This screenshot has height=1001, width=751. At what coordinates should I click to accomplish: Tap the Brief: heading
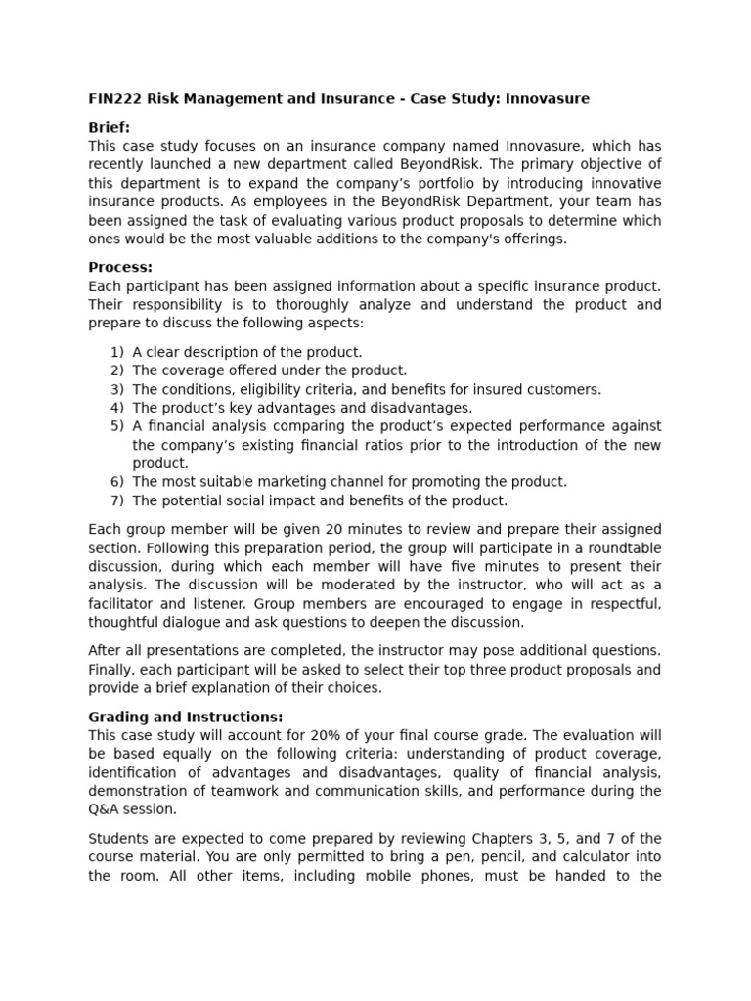109,127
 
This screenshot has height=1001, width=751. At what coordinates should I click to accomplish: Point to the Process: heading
120,267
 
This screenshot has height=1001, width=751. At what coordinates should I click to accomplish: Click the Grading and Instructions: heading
186,717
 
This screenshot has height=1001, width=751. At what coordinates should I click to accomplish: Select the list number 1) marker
117,352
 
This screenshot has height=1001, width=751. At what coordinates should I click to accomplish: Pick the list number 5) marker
117,426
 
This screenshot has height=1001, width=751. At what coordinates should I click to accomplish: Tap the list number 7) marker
117,500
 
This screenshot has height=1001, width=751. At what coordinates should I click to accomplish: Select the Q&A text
105,809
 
